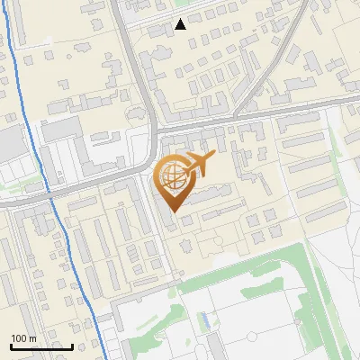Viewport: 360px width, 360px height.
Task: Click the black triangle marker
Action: coord(181,24)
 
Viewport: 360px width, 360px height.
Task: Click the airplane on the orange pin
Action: coord(200,164)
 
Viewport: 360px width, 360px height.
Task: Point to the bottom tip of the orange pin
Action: coord(173,213)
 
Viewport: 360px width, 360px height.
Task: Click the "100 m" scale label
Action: coord(23,338)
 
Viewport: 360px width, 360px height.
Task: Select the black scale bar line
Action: coord(41,346)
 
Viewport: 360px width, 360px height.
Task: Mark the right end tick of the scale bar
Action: coord(72,345)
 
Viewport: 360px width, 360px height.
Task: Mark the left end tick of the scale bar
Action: coord(11,345)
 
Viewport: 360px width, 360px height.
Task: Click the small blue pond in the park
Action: coord(206,319)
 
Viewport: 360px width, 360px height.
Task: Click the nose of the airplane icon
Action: coord(214,157)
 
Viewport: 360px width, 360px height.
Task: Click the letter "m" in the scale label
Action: coord(31,338)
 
